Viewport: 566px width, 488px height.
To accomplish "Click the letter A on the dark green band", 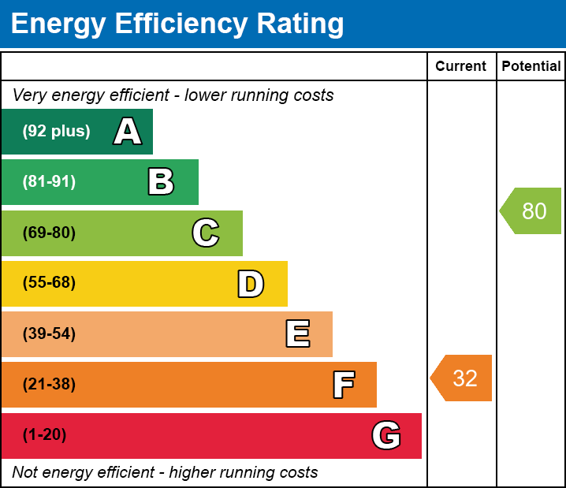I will tap(128, 132).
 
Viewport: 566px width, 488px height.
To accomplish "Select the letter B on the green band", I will tap(161, 182).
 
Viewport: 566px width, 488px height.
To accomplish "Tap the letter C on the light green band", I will tap(205, 233).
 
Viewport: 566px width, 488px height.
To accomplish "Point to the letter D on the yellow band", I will tap(251, 284).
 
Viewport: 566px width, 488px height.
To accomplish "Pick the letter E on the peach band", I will tap(297, 334).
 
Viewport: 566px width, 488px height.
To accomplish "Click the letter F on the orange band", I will tap(343, 385).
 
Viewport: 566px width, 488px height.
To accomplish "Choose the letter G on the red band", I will tap(386, 435).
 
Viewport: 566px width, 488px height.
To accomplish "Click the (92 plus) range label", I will tap(56, 132).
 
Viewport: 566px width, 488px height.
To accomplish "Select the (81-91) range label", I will tap(49, 182).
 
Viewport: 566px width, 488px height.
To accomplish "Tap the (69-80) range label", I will tap(49, 233).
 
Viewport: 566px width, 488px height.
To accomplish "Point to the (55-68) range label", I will tap(49, 283).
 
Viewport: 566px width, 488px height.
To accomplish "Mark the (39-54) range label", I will tap(49, 334).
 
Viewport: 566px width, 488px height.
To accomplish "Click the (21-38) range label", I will tap(49, 385).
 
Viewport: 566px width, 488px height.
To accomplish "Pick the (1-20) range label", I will tap(45, 435).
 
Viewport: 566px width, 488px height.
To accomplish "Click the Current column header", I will tap(461, 67).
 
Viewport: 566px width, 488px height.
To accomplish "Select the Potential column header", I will tap(531, 67).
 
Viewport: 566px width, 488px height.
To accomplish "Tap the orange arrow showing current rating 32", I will tap(462, 378).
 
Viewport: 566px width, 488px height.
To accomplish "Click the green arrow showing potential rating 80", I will tap(531, 211).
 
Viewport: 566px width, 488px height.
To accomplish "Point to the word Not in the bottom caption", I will tap(25, 473).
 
